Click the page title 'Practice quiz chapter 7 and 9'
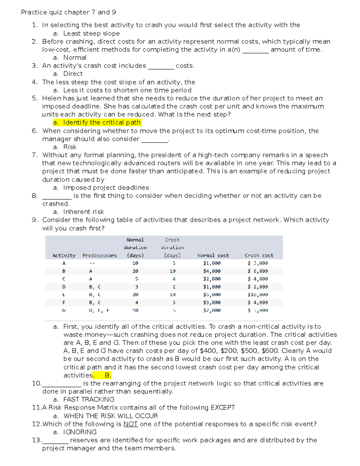click(x=68, y=12)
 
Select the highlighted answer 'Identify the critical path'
click(x=102, y=122)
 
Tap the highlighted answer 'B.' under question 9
click(x=108, y=375)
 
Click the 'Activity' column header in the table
click(x=64, y=255)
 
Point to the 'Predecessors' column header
click(x=100, y=255)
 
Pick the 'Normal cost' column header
click(x=213, y=255)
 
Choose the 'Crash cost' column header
click(x=259, y=255)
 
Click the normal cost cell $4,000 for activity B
click(x=212, y=271)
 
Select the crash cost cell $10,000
click(x=258, y=295)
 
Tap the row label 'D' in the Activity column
click(x=64, y=287)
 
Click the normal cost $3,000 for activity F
click(x=212, y=302)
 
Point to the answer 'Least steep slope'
click(x=91, y=34)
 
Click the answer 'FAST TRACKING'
click(x=89, y=399)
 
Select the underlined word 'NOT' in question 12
click(x=130, y=424)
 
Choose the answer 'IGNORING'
click(x=80, y=432)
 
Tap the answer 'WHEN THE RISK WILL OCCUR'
click(x=111, y=416)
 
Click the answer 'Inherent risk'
click(x=84, y=212)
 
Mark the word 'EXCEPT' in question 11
click(x=223, y=407)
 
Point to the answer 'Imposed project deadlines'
click(x=106, y=188)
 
